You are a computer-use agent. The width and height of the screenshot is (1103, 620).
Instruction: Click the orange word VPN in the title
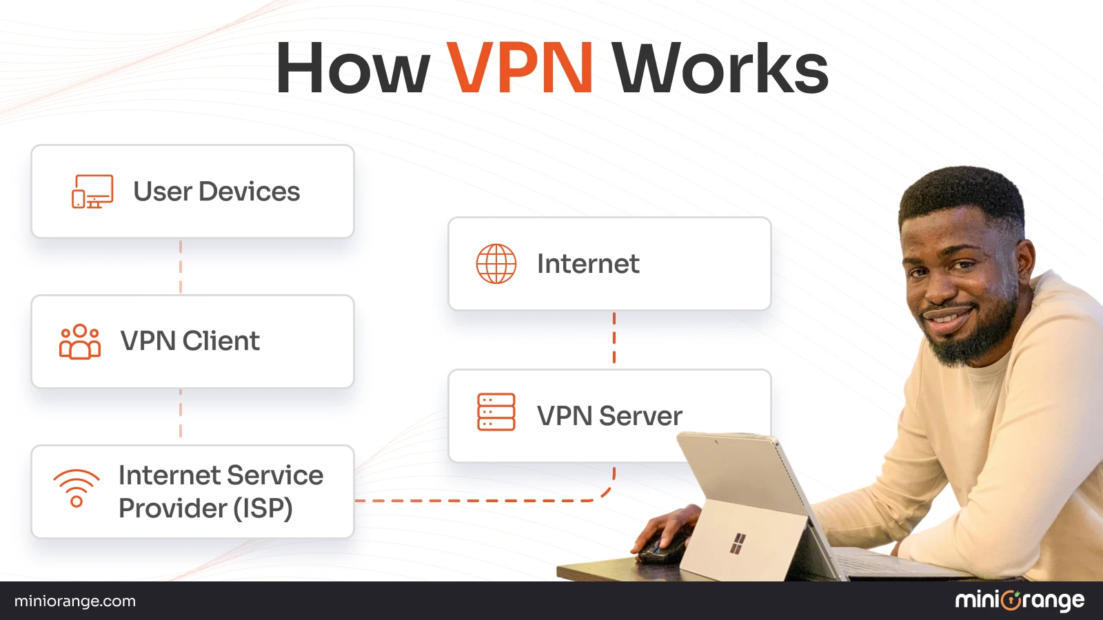tap(520, 68)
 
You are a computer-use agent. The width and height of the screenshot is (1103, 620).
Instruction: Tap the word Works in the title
tap(720, 68)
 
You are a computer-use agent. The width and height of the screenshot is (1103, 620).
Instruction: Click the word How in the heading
tap(352, 68)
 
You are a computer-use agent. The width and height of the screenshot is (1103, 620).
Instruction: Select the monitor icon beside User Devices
tap(92, 192)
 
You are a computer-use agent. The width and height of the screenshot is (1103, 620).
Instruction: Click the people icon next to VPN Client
tap(80, 342)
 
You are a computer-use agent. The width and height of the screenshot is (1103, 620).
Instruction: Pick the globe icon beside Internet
tap(496, 264)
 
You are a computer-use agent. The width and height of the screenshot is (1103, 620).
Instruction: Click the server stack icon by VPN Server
tap(496, 412)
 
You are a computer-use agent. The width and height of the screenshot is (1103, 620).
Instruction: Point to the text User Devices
tap(216, 192)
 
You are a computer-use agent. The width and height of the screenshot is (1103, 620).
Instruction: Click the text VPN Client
tap(190, 341)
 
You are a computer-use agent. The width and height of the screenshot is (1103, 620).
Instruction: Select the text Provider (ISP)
tap(205, 508)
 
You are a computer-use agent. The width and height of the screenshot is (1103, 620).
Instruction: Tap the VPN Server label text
tap(609, 416)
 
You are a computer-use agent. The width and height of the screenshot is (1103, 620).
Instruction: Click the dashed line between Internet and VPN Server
tap(614, 338)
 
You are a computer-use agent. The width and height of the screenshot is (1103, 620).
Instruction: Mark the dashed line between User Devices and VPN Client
tap(181, 267)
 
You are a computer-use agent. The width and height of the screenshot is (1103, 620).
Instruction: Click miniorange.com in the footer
tap(75, 601)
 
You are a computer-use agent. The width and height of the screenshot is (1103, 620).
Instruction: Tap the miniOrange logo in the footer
tap(1020, 601)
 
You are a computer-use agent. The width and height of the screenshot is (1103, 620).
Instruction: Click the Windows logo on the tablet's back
tap(738, 543)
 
